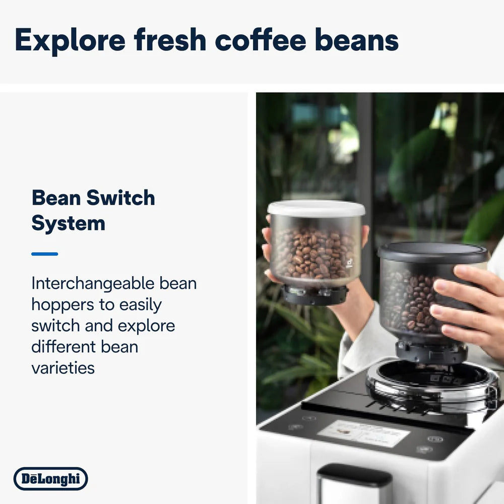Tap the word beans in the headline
click(357, 40)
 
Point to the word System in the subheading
click(68, 223)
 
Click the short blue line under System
click(44, 254)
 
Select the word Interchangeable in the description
click(86, 283)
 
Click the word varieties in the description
click(63, 368)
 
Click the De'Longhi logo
click(50, 479)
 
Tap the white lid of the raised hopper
click(316, 208)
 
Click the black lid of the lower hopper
click(432, 252)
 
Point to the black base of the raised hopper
click(315, 295)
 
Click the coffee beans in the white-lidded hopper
click(312, 255)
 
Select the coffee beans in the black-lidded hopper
click(408, 302)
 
